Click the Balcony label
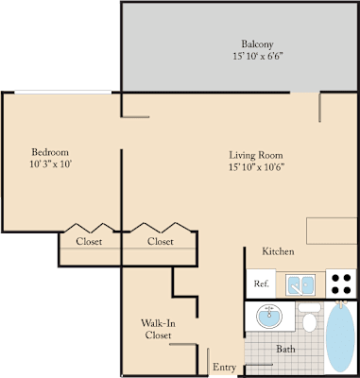point(257,44)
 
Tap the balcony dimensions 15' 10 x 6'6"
point(258,57)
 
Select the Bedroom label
point(50,152)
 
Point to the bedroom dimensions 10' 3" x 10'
point(51,164)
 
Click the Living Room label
point(256,155)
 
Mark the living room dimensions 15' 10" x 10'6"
point(257,167)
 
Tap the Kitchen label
point(278,251)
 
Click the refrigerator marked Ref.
point(261,283)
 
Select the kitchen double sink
point(300,284)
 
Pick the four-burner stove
point(341,283)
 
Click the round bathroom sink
point(269,316)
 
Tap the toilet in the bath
point(309,318)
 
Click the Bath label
point(285,349)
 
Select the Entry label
point(224,367)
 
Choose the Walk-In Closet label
point(158,329)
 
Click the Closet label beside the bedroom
point(89,241)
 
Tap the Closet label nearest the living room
point(161,241)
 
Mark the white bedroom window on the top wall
point(63,92)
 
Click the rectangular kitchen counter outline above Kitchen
point(332,231)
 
